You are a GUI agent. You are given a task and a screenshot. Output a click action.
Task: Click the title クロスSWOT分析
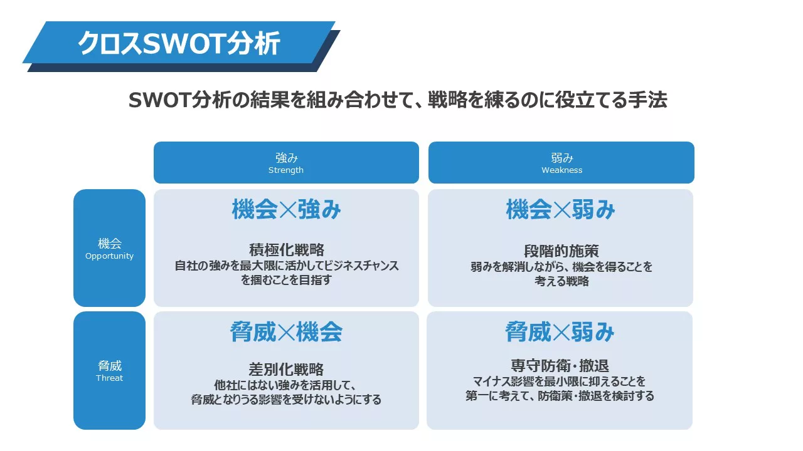click(179, 43)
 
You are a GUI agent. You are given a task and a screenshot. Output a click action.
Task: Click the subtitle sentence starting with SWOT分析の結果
click(398, 100)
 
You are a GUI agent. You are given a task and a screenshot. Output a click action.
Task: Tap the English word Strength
click(285, 170)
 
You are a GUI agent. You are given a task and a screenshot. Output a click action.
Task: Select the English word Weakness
click(561, 170)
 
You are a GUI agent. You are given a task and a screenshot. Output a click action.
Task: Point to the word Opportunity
click(109, 256)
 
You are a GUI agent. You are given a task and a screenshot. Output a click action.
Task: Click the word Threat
click(109, 378)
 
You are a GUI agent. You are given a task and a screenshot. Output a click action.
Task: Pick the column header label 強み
click(287, 158)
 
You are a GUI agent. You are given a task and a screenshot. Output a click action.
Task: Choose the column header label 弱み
click(561, 158)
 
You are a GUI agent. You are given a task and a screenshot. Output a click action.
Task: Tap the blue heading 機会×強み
click(286, 209)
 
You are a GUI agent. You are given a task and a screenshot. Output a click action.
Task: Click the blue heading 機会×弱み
click(561, 209)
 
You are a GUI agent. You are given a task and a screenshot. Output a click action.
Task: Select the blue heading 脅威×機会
click(286, 332)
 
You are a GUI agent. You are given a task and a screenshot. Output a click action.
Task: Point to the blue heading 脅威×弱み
click(560, 332)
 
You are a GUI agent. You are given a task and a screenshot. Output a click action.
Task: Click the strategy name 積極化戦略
click(287, 250)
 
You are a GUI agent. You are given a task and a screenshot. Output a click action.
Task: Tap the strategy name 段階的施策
click(561, 251)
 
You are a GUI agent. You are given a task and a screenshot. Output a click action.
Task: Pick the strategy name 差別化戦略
click(286, 369)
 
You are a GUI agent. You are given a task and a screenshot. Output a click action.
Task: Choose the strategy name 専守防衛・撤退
click(560, 366)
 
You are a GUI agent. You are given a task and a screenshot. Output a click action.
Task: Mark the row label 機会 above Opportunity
click(109, 244)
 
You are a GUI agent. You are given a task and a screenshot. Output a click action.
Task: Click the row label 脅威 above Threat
click(109, 366)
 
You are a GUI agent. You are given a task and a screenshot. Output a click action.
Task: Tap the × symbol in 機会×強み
click(287, 210)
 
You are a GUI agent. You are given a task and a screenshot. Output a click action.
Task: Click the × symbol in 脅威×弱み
click(561, 332)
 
